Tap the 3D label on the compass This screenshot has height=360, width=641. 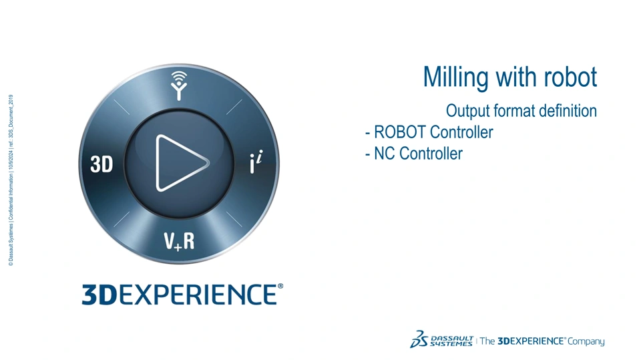point(101,164)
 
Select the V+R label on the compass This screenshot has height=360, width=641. point(179,241)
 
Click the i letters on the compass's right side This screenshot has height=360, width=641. point(256,162)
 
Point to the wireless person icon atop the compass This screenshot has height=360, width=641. point(179,85)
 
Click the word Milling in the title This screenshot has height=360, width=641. point(455,77)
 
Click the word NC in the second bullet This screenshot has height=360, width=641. point(385,154)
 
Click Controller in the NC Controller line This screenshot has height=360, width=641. point(431,154)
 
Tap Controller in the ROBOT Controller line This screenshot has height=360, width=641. point(461,132)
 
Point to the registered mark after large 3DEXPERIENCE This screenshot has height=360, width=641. point(280,287)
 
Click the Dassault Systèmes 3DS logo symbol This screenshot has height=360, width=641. point(419,339)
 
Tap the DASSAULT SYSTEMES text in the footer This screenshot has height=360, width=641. point(452,341)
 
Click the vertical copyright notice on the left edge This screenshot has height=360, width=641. point(11,180)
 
